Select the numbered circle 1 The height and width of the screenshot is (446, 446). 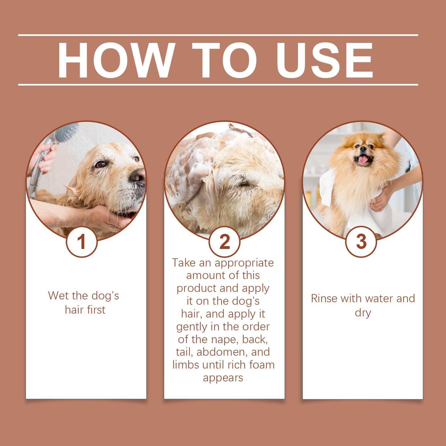coord(81,242)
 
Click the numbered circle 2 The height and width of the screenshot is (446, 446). coord(224,242)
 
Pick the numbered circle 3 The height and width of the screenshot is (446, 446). coord(361,242)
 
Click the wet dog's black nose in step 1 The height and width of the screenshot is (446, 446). coord(138,177)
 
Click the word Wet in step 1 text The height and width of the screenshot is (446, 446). coord(58,296)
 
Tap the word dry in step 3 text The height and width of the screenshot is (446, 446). coord(363,313)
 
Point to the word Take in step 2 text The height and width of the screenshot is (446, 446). coord(184,263)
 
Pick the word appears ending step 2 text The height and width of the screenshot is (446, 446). coord(223,378)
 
